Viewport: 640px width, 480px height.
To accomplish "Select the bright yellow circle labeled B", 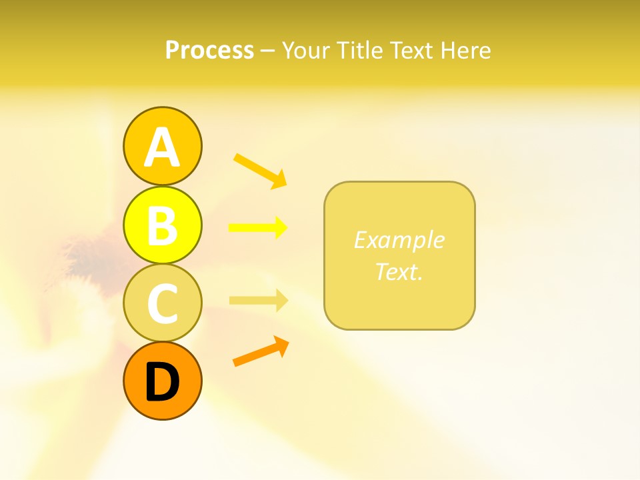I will [162, 225].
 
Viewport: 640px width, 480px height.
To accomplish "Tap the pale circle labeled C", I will [162, 303].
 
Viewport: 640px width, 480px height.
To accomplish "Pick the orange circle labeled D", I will [162, 381].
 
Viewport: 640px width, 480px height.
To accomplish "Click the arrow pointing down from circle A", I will [260, 170].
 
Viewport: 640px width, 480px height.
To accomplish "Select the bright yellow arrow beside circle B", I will [258, 228].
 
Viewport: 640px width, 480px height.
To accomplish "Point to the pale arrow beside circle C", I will [259, 300].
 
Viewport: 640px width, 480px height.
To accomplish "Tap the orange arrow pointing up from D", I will [261, 352].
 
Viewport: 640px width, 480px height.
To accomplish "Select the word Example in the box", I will [399, 240].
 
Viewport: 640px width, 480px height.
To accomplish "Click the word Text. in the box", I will [399, 272].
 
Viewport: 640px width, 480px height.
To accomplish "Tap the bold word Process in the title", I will [209, 51].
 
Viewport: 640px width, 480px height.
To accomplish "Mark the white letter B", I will [162, 226].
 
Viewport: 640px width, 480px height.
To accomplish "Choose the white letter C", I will [162, 304].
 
